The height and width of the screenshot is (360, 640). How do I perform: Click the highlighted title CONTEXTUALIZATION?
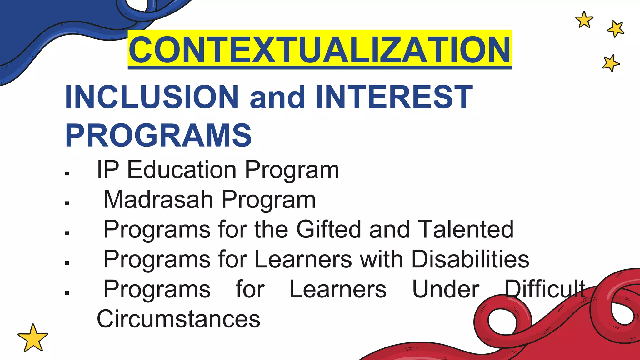(320, 50)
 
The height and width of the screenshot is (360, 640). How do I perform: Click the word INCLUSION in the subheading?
(152, 97)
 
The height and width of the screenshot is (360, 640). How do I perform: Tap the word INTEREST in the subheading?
(394, 97)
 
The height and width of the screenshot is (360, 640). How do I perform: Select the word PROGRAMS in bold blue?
(158, 135)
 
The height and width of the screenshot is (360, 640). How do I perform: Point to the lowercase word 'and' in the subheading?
(277, 97)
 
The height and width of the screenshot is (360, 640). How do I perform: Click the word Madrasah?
(158, 199)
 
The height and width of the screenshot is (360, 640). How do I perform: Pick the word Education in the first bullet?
(182, 170)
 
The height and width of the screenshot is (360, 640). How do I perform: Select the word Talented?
(465, 229)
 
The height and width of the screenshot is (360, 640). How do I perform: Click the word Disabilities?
(470, 259)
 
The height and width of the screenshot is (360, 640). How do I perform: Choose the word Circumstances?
(178, 319)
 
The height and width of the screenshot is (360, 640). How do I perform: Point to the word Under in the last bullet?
(446, 289)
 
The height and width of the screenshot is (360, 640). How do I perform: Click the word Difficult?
(545, 289)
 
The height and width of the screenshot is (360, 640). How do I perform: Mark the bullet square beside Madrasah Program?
(67, 203)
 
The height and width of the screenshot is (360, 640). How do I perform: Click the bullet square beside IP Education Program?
(67, 173)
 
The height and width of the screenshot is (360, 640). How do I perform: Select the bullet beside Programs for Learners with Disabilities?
(67, 263)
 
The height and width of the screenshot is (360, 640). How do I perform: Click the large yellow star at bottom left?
(33, 338)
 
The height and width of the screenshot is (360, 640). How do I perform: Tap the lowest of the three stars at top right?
(611, 63)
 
